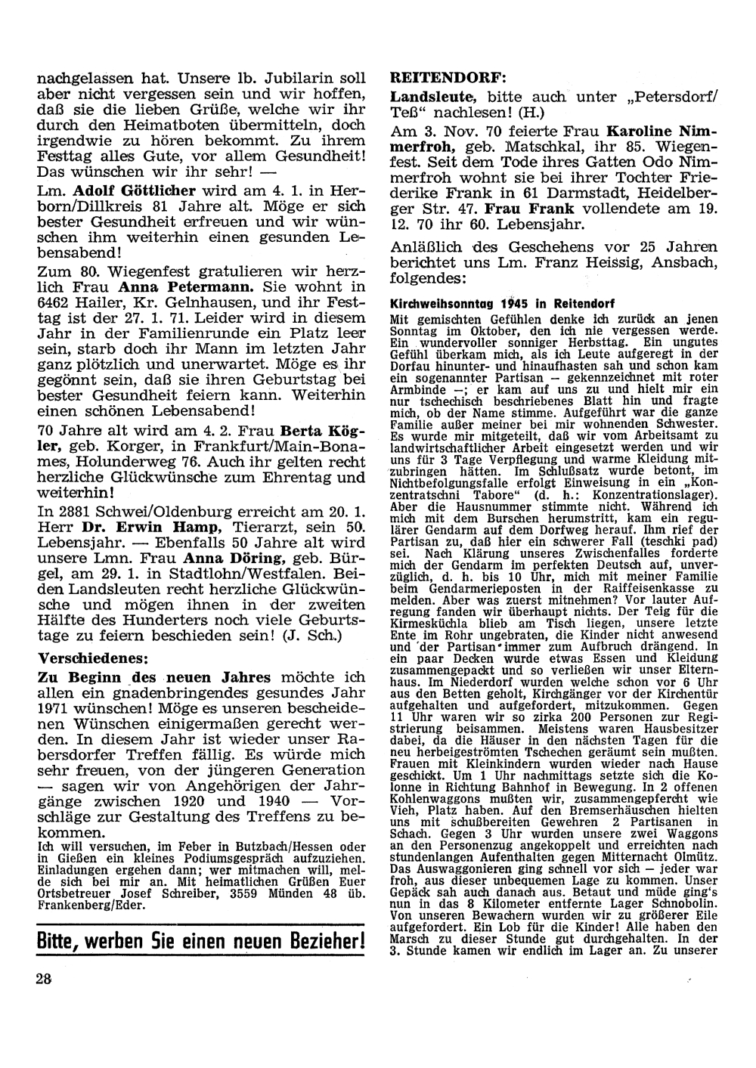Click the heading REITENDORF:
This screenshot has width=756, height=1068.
(448, 78)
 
